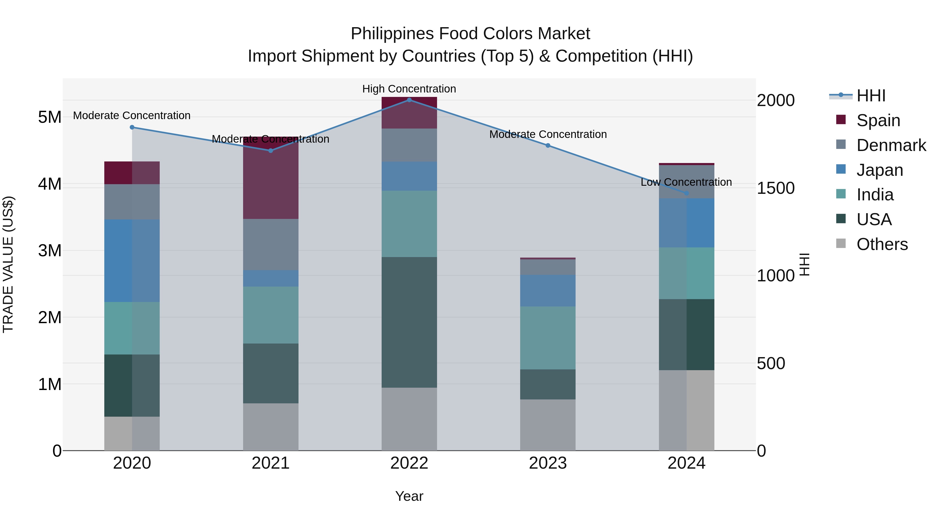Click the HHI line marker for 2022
409,100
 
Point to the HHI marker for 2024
686,193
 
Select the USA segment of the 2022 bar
409,322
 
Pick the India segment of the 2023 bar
548,338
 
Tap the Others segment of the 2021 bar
271,427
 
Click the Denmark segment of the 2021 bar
271,244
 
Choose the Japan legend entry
879,170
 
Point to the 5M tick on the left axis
50,117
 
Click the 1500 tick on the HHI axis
776,188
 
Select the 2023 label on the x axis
548,463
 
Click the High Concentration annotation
409,89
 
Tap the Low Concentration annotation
686,182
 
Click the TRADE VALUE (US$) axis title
8,264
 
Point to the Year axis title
409,496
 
